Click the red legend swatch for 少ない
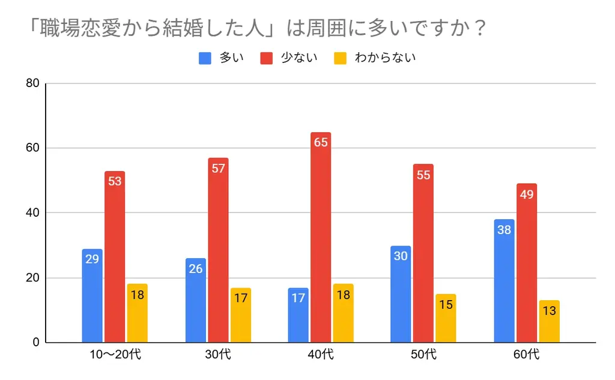point(267,58)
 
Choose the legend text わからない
point(385,58)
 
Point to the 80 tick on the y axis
point(33,83)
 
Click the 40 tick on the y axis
point(33,213)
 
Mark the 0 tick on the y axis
point(36,343)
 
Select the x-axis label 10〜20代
point(115,355)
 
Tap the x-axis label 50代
point(423,355)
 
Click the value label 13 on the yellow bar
point(549,310)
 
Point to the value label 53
point(115,181)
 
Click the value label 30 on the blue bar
point(401,256)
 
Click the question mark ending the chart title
point(479,29)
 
